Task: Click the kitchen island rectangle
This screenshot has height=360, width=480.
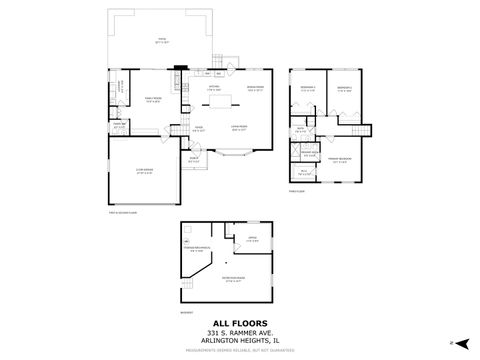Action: click(212, 104)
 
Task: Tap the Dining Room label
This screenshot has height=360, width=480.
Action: click(254, 89)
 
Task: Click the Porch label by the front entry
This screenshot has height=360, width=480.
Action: click(194, 160)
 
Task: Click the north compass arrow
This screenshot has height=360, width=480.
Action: click(452, 342)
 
